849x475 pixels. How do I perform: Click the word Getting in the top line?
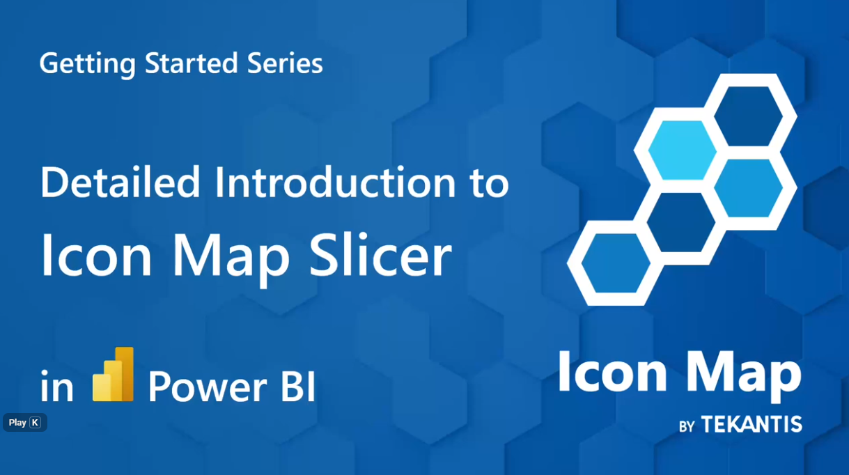[x=88, y=63]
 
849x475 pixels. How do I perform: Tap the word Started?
[x=192, y=63]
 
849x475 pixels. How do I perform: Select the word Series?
[x=285, y=63]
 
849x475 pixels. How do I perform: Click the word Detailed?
[x=120, y=182]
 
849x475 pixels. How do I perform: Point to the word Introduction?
[x=336, y=182]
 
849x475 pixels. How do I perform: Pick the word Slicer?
[x=380, y=255]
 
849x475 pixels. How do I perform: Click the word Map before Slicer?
[x=232, y=259]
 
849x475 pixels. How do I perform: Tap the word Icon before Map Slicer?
[x=97, y=256]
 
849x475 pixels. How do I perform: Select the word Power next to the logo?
[x=208, y=387]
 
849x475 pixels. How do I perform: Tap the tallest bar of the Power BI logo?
[x=125, y=374]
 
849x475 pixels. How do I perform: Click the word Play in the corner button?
[x=17, y=422]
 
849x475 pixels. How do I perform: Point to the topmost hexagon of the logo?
[x=749, y=116]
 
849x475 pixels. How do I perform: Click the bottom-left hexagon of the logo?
[x=616, y=263]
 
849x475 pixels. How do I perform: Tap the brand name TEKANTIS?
[x=751, y=424]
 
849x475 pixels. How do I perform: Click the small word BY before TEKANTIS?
[x=687, y=426]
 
